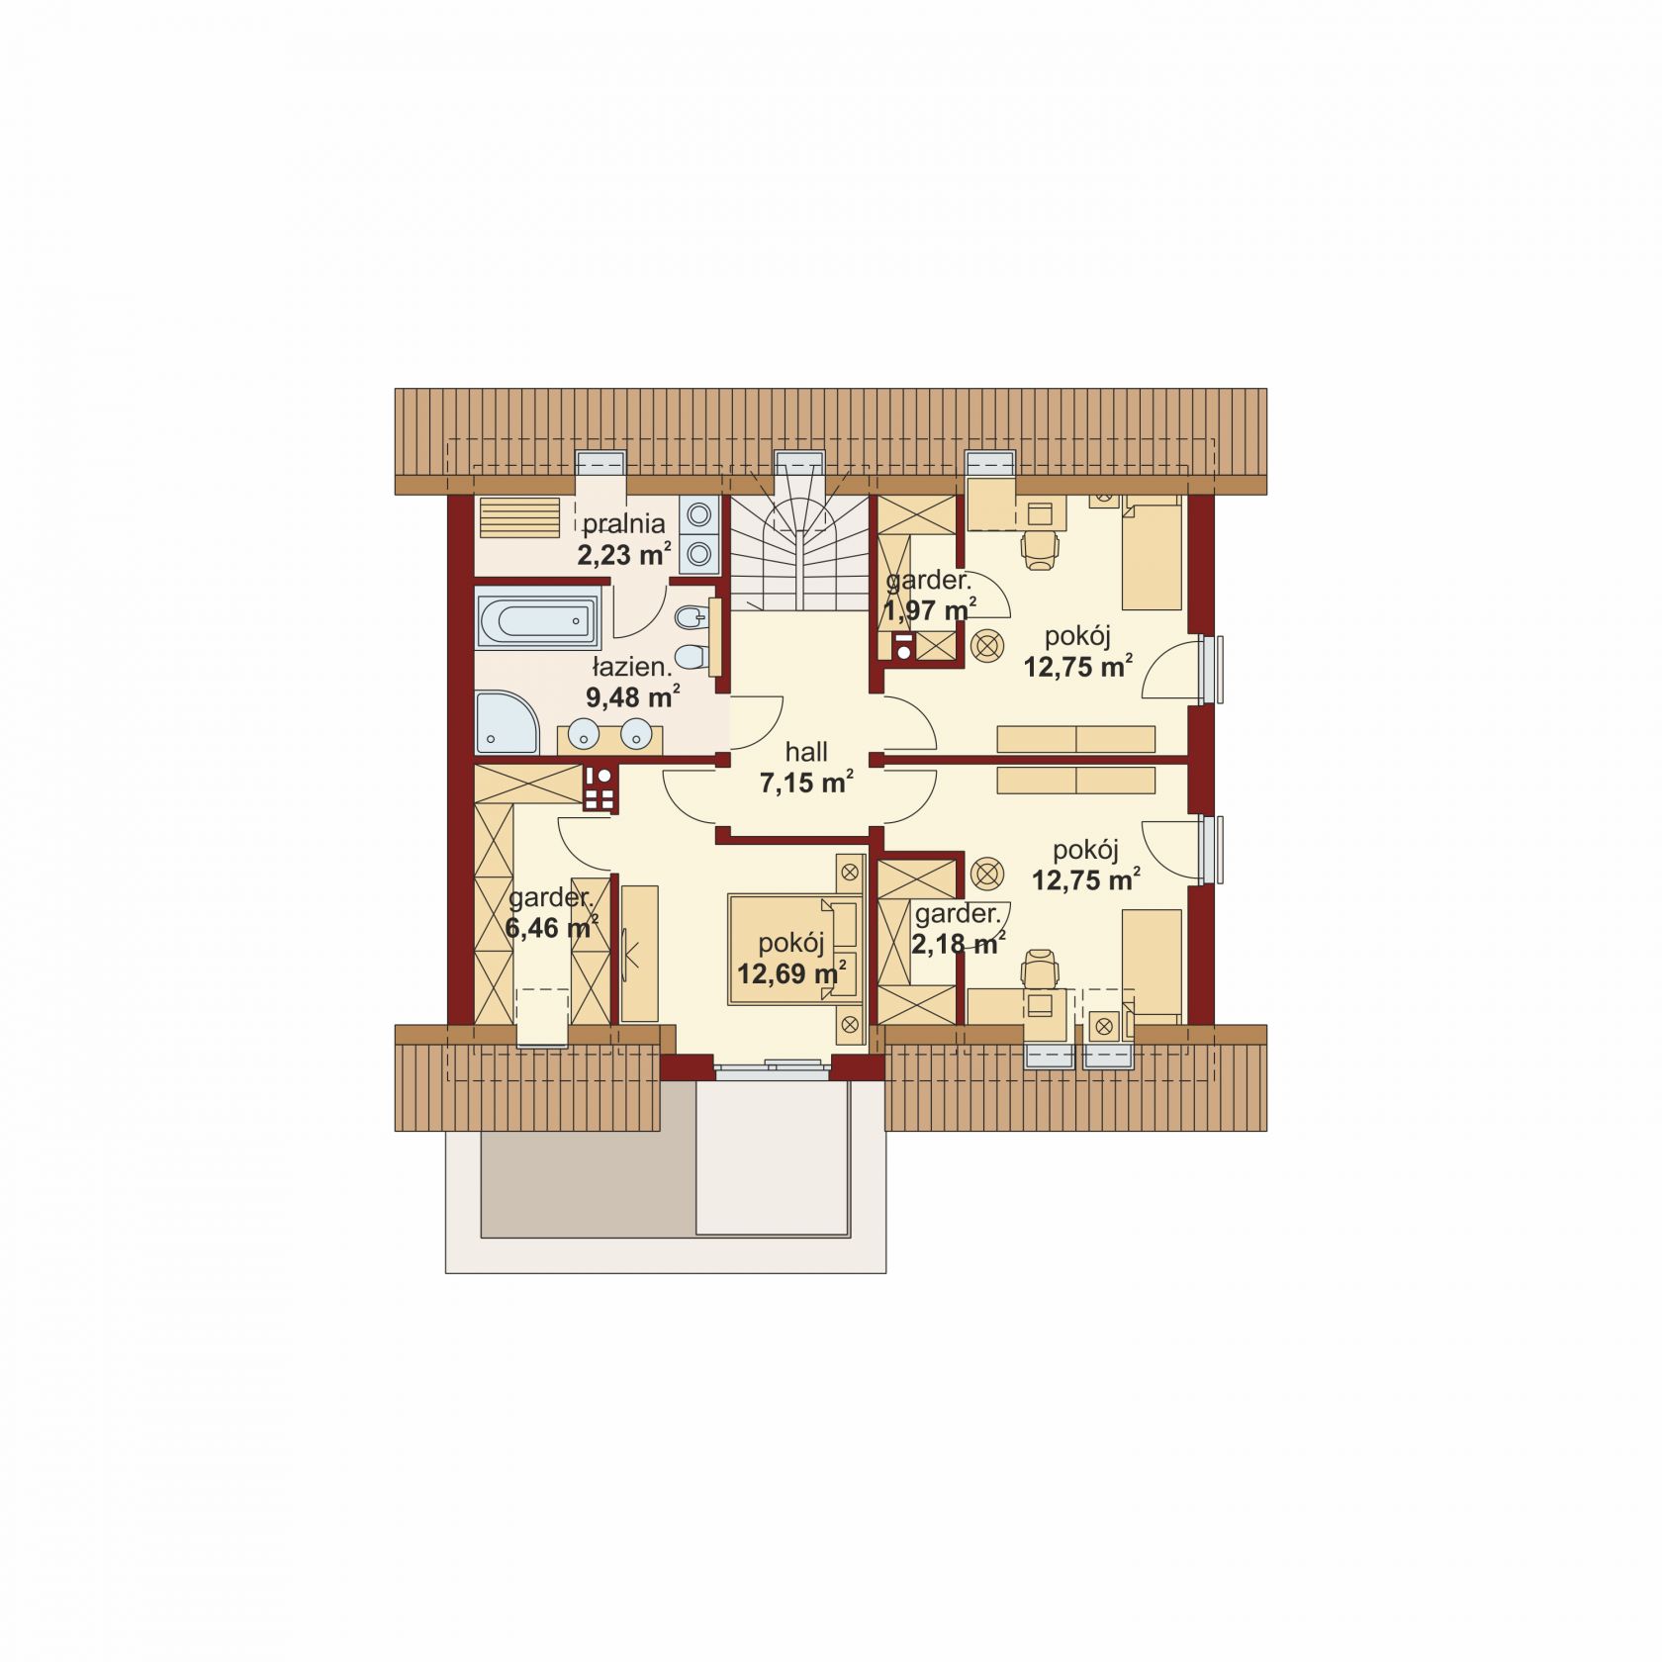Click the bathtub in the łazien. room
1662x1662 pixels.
pos(537,619)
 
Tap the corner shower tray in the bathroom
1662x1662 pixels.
pos(507,722)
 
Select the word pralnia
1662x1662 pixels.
pos(623,523)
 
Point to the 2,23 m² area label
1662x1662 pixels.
pos(625,553)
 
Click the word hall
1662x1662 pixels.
pos(806,752)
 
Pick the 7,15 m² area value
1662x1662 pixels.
pos(806,783)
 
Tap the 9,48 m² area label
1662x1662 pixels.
pos(633,696)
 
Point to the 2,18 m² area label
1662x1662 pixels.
pos(959,943)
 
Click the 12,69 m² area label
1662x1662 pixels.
pos(791,973)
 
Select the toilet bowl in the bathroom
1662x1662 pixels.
pos(692,654)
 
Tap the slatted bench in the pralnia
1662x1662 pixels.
pos(519,516)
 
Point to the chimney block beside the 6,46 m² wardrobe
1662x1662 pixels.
pos(599,789)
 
